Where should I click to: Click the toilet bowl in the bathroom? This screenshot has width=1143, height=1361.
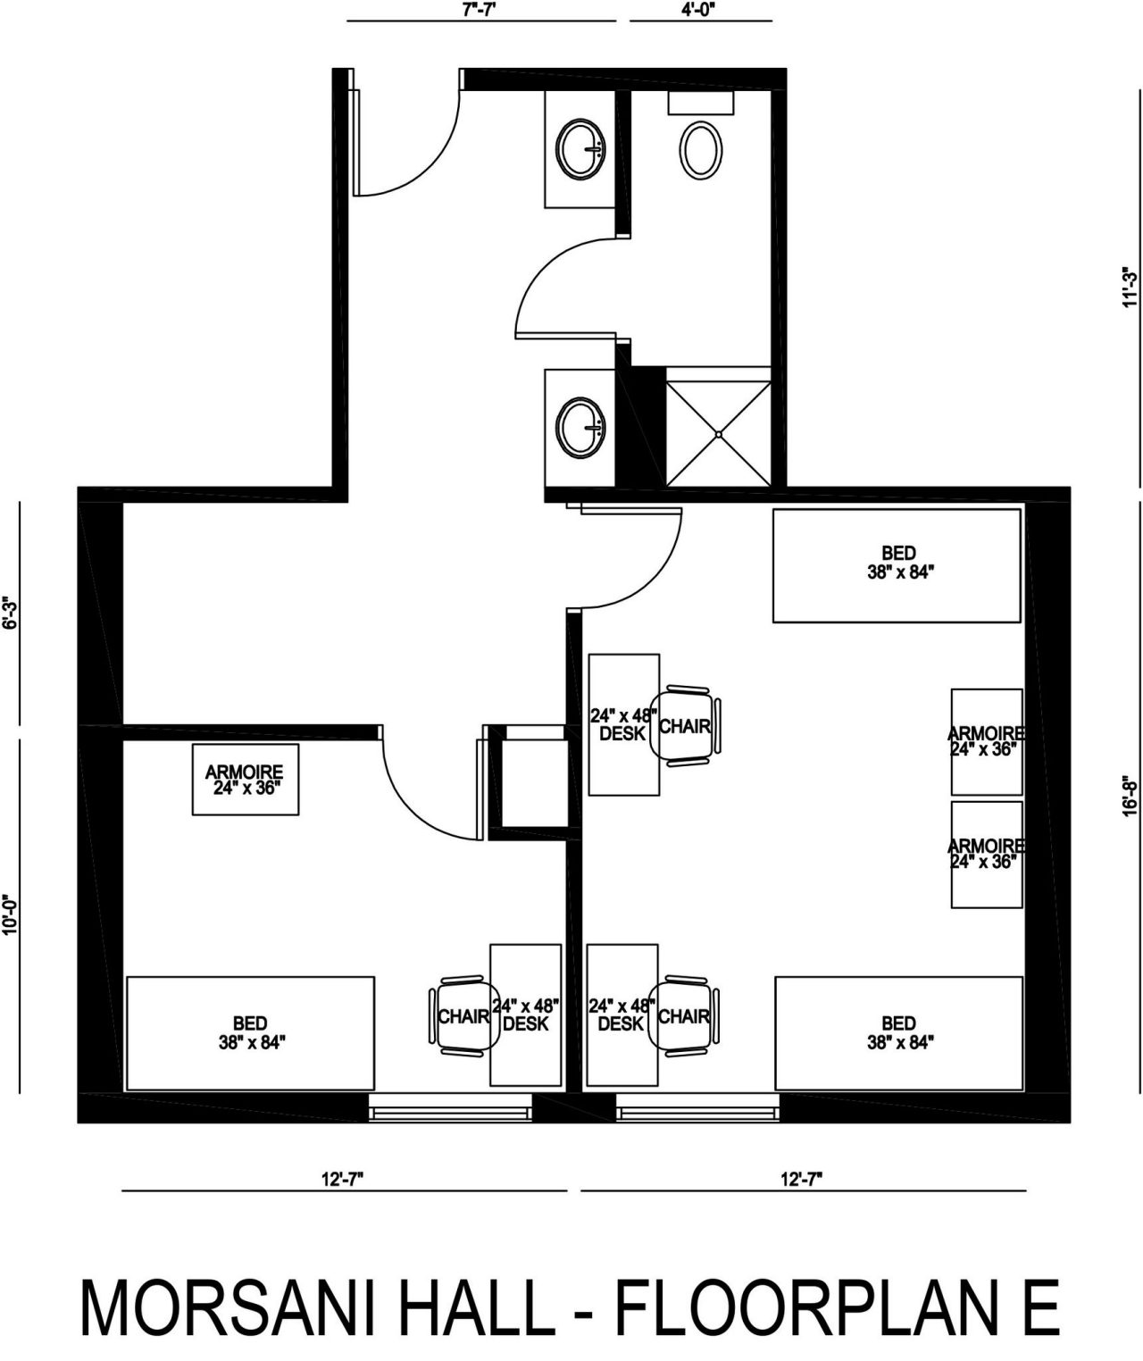701,148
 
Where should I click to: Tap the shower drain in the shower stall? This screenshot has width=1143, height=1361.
719,433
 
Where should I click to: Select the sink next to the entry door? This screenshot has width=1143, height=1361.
582,148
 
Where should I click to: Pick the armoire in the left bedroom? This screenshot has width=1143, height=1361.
246,780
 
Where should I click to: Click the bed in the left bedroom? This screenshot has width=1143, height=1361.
251,1033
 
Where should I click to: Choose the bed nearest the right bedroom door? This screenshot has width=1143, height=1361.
897,566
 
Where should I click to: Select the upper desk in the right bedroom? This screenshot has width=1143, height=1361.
624,725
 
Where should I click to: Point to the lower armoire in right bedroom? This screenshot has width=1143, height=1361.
987,855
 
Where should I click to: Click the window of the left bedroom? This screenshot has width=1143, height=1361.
450,1106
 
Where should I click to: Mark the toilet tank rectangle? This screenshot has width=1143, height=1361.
701,103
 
